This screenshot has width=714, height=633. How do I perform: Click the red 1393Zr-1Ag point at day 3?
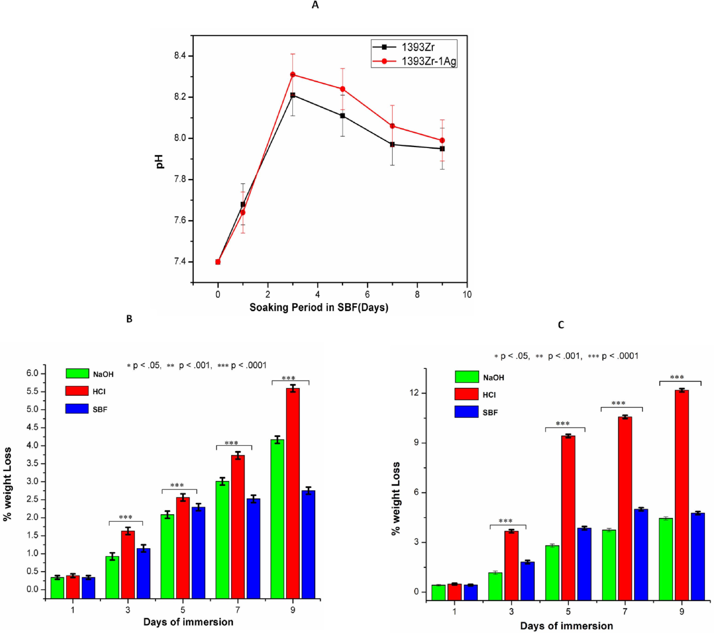pyautogui.click(x=293, y=74)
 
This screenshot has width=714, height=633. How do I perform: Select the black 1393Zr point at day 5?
pyautogui.click(x=342, y=115)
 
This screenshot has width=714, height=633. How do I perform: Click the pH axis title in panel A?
pyautogui.click(x=160, y=162)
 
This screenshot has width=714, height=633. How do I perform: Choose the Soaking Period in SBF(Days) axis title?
pyautogui.click(x=319, y=307)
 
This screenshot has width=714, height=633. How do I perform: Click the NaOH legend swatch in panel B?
pyautogui.click(x=77, y=373)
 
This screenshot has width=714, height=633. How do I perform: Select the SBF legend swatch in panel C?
pyautogui.click(x=466, y=412)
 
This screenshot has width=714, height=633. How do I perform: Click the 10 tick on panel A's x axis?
pyautogui.click(x=467, y=295)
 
